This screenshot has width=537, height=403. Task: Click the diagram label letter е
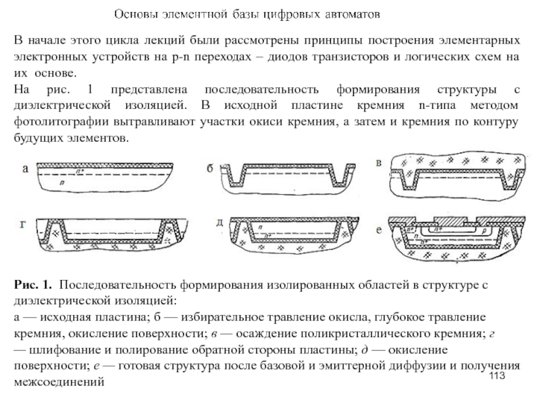tap(379, 230)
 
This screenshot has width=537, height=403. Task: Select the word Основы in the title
tap(131, 13)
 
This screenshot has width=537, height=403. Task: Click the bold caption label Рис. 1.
tap(30, 287)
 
